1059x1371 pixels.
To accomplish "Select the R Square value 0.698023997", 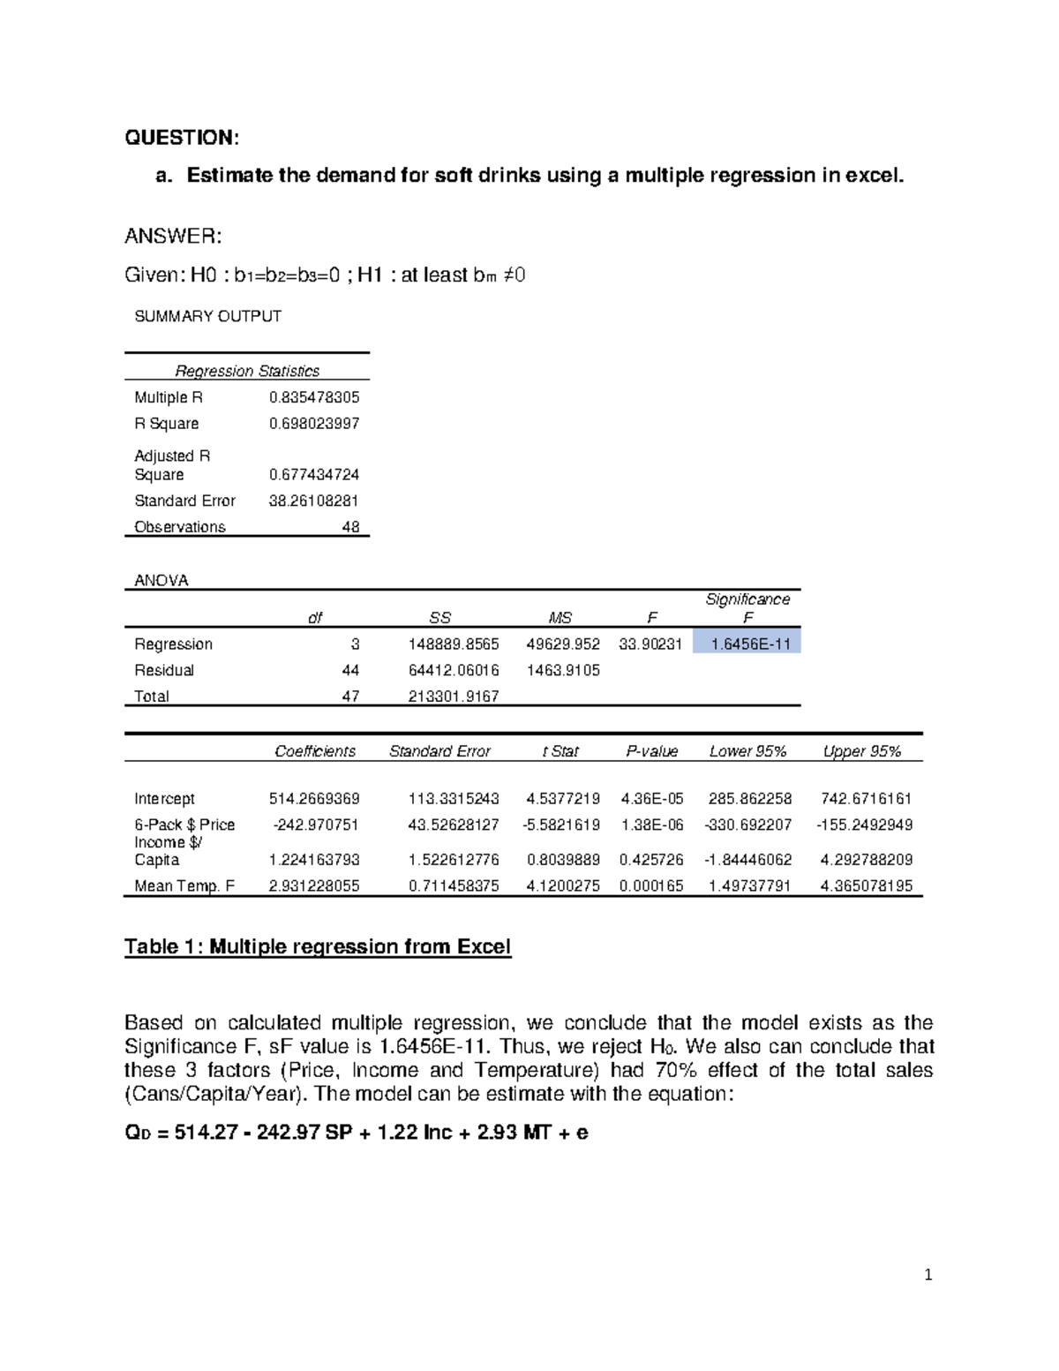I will pyautogui.click(x=313, y=424).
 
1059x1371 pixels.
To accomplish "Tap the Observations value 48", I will pyautogui.click(x=350, y=527).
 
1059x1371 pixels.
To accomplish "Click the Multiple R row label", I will pyautogui.click(x=169, y=397).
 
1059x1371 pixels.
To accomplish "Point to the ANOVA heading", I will pyautogui.click(x=161, y=580).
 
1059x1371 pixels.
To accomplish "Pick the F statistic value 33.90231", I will pyautogui.click(x=650, y=644).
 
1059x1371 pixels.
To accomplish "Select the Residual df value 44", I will pyautogui.click(x=350, y=670).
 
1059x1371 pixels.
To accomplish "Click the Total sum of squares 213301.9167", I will pyautogui.click(x=454, y=697).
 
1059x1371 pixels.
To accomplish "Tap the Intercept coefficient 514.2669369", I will pyautogui.click(x=313, y=799).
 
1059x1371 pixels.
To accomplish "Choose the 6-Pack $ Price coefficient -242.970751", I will pyautogui.click(x=315, y=825).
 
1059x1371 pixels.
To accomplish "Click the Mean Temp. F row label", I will pyautogui.click(x=184, y=885).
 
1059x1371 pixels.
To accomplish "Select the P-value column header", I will pyautogui.click(x=651, y=751).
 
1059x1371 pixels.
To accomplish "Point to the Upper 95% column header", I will pyautogui.click(x=861, y=751).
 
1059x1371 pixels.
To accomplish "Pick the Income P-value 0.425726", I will pyautogui.click(x=651, y=860).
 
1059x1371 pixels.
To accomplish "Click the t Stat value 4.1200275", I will pyautogui.click(x=562, y=885).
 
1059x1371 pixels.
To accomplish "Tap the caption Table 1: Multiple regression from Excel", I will pyautogui.click(x=318, y=947).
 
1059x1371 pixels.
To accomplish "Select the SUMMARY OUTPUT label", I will pyautogui.click(x=207, y=316).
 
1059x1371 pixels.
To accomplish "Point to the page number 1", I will pyautogui.click(x=928, y=1274).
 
